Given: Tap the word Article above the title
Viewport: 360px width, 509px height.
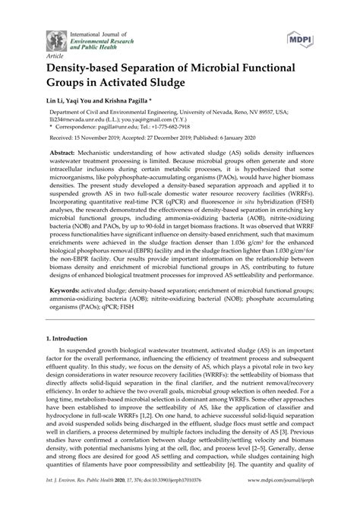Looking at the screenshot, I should point(55,55).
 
